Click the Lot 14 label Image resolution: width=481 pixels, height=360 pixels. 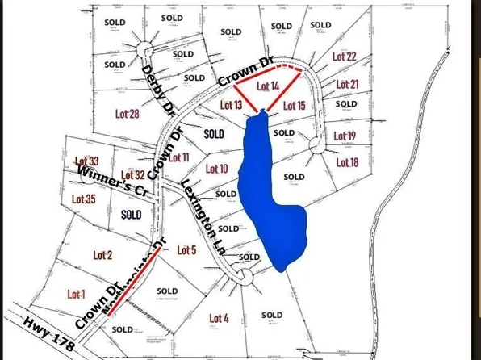(x=268, y=86)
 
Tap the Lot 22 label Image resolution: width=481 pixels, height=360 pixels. (x=344, y=57)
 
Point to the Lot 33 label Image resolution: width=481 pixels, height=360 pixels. (x=86, y=162)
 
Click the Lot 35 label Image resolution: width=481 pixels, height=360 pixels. (x=84, y=199)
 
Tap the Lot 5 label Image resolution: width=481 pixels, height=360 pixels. (x=186, y=249)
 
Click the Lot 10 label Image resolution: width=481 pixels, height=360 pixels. (x=217, y=169)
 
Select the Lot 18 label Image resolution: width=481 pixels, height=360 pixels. (x=346, y=163)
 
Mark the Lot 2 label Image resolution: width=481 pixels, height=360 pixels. (x=102, y=255)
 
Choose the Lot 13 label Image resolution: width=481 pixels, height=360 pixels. (x=232, y=105)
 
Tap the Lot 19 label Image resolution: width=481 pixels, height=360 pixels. (x=345, y=135)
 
